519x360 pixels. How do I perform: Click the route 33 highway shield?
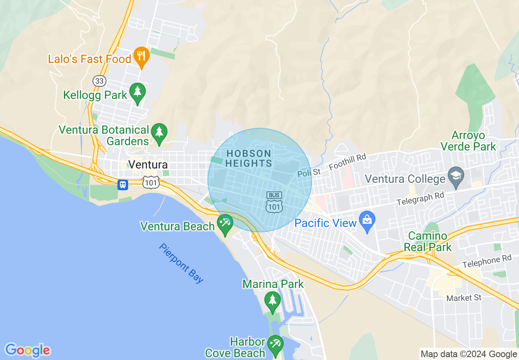pos(99,81)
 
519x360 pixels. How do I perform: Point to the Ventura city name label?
pos(148,165)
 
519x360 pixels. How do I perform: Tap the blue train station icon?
pos(122,184)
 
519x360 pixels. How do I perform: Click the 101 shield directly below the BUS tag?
pos(274,207)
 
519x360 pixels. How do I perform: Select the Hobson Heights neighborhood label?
pos(248,159)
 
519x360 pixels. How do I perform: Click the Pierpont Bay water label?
pos(181,263)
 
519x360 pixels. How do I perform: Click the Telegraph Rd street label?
pos(420,199)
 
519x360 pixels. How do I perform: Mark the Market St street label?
pos(464,298)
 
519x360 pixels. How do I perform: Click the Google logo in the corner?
pos(27,351)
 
